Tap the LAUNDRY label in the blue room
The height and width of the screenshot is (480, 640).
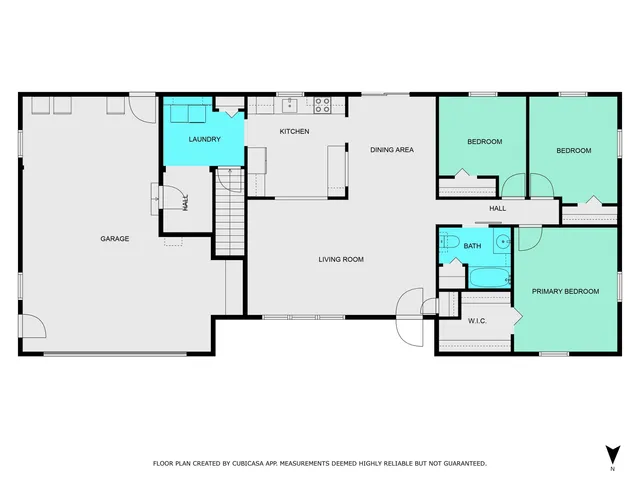204,139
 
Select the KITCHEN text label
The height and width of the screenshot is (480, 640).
294,132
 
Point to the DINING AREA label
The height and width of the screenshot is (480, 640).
392,150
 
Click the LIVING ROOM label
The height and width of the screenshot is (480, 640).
340,260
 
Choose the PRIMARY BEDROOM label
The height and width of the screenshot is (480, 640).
565,291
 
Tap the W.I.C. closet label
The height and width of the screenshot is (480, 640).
478,321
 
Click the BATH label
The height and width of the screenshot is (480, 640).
473,245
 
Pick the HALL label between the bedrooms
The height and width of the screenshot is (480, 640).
497,209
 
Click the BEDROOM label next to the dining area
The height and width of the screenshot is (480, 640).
485,142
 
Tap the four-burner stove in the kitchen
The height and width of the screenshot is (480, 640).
323,102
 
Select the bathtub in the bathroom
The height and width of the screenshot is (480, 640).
489,276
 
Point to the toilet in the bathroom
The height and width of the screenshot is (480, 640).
449,242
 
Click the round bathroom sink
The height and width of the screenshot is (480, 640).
503,241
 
